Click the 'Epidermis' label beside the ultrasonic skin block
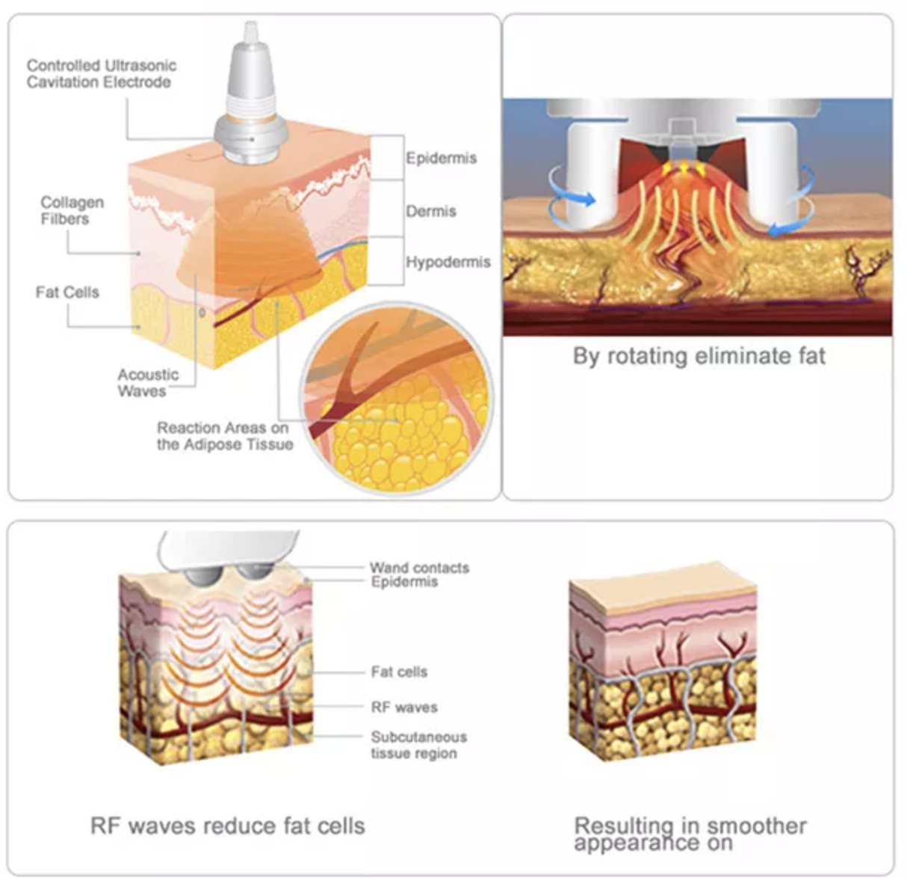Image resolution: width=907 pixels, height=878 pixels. [x=441, y=158]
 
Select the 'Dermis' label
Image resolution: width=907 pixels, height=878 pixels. [x=430, y=211]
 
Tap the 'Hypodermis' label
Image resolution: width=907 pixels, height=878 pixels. [x=448, y=262]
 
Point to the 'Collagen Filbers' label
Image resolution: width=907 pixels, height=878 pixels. [x=72, y=210]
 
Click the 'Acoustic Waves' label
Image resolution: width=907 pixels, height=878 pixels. [x=148, y=383]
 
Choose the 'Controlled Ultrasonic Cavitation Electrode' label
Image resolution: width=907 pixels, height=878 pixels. [x=102, y=74]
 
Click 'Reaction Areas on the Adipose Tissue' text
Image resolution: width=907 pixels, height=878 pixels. [x=225, y=436]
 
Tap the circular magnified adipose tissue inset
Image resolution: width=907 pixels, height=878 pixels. [x=397, y=397]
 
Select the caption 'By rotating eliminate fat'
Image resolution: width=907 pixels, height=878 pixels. [x=699, y=356]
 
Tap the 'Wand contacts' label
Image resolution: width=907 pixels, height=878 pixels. [x=419, y=568]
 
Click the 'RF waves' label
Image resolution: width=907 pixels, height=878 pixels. [x=404, y=707]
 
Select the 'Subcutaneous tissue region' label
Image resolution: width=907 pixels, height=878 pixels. [x=418, y=745]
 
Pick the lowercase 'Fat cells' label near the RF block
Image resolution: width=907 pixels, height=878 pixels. [x=399, y=672]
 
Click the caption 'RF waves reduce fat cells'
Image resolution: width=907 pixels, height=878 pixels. [x=227, y=826]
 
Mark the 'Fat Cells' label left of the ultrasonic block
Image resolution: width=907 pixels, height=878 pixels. [x=67, y=292]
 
